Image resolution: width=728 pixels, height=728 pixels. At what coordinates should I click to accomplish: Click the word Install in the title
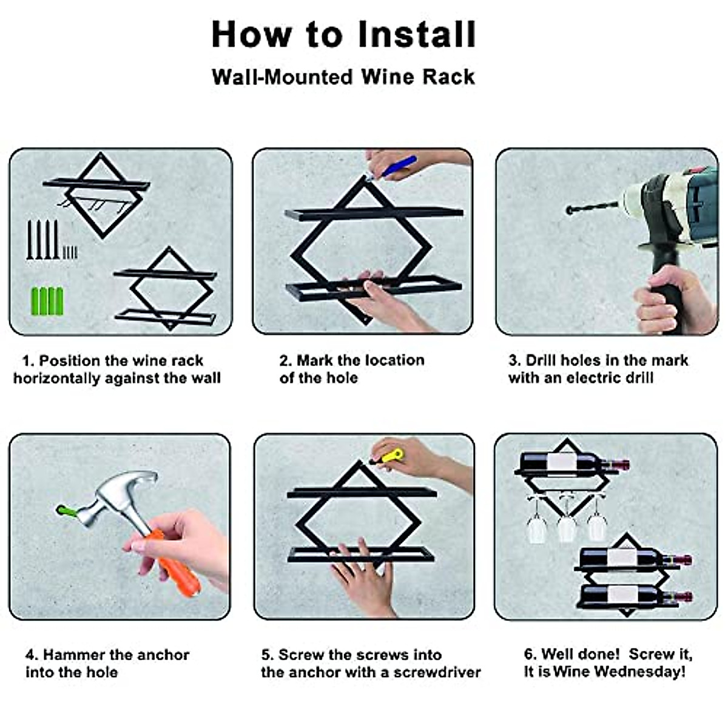click(417, 35)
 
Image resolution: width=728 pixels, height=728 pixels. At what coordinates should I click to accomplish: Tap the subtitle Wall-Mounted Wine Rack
click(343, 77)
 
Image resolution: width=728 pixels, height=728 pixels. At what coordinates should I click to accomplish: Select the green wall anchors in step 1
click(47, 301)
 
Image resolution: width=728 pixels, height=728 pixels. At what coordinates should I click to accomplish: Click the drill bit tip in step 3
click(569, 211)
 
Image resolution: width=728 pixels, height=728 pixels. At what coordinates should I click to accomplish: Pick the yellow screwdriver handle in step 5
click(393, 455)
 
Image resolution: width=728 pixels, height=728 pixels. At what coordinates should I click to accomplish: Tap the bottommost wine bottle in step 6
click(635, 596)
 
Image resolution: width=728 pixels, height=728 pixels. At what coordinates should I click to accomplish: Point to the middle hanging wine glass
click(566, 519)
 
